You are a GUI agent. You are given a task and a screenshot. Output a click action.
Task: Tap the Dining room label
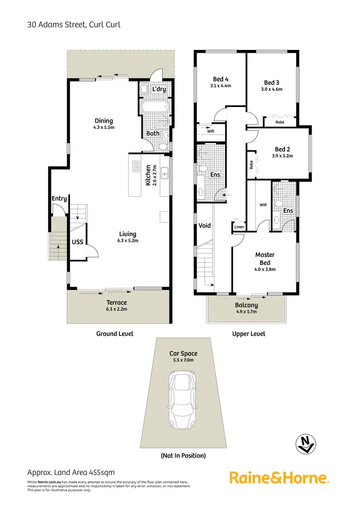coord(104,121)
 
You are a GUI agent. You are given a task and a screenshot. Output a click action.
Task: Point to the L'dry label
coord(159,90)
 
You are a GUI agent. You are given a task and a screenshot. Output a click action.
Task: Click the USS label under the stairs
coord(77,242)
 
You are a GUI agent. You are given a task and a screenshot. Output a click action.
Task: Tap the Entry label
coord(60,199)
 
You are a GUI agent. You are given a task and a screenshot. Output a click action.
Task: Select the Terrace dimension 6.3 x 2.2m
coord(117,309)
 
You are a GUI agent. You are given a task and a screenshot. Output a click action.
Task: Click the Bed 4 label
coord(220,80)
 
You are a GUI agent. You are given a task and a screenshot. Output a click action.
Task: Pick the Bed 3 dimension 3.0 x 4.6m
coord(272,89)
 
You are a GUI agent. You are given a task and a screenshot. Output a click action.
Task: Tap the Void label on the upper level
coord(204,225)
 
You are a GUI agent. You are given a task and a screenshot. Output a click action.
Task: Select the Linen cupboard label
coord(239,227)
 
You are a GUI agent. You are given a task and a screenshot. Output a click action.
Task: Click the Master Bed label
coord(264,259)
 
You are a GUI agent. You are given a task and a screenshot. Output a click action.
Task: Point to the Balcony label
coord(246,305)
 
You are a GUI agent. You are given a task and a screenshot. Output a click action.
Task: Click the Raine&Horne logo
coord(278,477)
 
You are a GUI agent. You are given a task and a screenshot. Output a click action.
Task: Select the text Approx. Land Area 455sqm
coord(71,473)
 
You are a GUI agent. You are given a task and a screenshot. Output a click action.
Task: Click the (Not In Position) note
coord(183,455)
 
